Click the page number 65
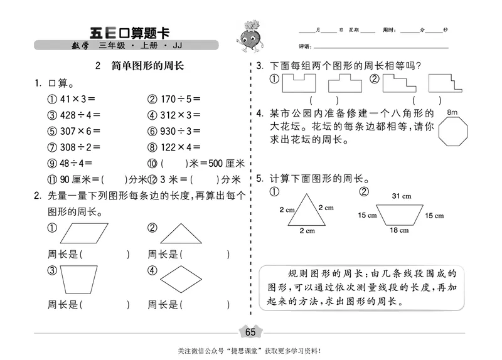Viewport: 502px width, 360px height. coord(250,332)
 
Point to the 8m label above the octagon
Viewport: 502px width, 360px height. coord(453,112)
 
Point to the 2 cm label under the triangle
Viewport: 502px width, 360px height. coord(307,231)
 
